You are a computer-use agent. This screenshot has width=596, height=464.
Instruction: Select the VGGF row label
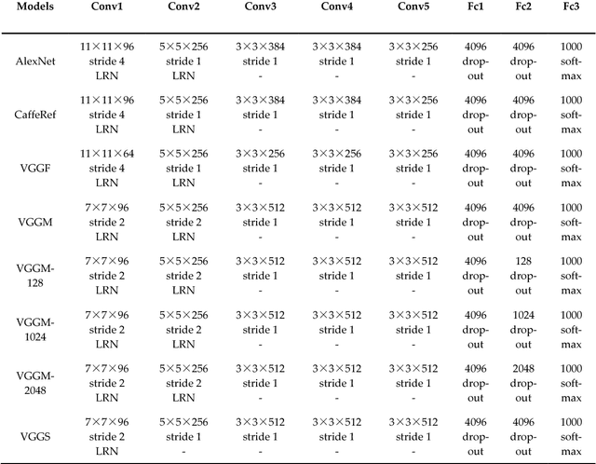click(x=34, y=169)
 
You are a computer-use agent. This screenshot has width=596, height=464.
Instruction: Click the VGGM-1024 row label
click(x=34, y=328)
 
